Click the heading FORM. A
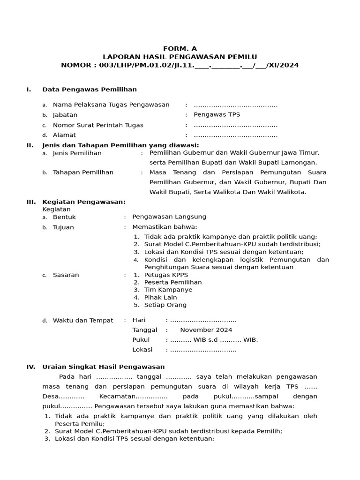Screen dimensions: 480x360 180,48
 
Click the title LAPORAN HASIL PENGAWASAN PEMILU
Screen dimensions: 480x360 180,57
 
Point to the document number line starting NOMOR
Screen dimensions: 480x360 180,65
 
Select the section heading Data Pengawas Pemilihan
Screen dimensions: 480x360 90,89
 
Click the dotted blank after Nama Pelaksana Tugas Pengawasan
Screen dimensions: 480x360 235,105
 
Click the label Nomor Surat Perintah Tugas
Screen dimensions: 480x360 98,125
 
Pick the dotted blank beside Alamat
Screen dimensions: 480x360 235,135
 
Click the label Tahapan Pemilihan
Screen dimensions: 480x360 83,172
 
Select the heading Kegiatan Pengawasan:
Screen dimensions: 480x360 84,202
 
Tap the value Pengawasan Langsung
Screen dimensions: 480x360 169,217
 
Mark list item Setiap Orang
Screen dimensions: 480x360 165,305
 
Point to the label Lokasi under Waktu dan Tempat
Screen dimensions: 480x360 141,349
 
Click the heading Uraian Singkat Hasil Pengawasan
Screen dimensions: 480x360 103,367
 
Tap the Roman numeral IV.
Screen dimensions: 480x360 30,367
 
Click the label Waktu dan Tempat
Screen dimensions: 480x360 83,321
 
